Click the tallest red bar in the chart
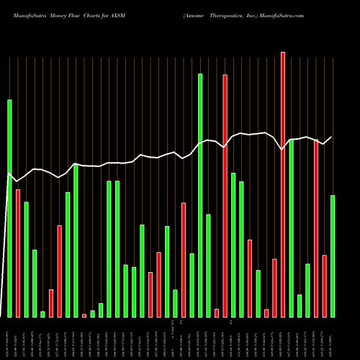(x=282, y=184)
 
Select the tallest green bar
(x=200, y=195)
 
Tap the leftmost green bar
(x=9, y=208)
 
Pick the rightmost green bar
(x=333, y=256)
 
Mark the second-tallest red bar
(x=225, y=195)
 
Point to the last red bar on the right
(x=324, y=286)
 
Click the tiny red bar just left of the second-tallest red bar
(x=217, y=312)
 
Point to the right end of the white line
(x=332, y=137)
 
